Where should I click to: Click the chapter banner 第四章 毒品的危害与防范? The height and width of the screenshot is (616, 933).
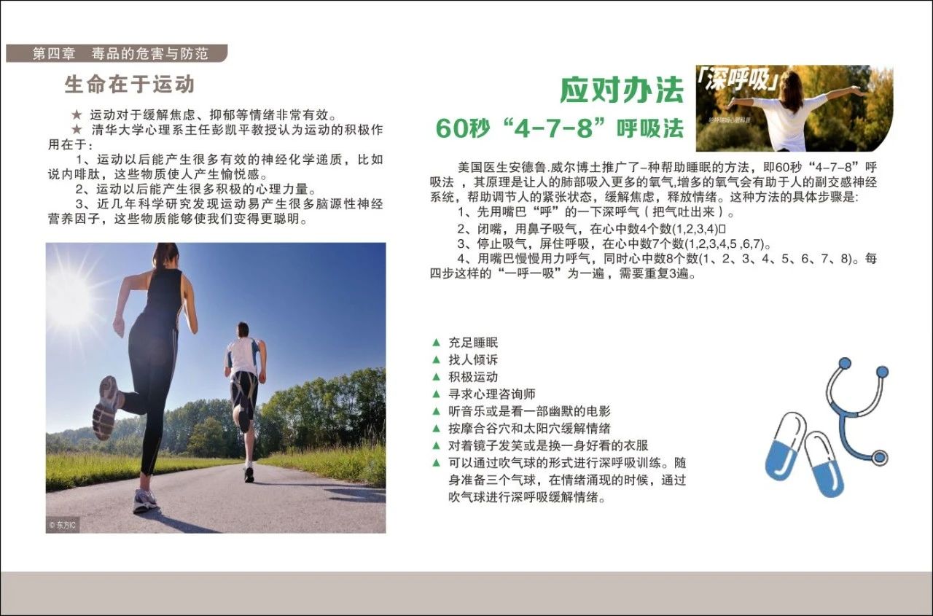coord(117,53)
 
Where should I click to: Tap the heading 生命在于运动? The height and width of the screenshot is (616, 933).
coord(130,85)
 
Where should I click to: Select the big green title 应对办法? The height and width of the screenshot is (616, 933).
coord(622,90)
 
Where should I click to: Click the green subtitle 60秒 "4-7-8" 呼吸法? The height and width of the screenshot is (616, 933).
coord(559,128)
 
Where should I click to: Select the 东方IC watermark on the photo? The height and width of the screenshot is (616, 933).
coord(63,525)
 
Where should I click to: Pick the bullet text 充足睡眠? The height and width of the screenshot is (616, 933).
coord(473,343)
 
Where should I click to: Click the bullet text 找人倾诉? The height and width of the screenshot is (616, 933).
coord(473,359)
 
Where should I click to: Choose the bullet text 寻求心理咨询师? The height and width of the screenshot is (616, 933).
coord(492,394)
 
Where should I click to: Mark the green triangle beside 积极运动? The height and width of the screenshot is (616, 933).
coord(436,376)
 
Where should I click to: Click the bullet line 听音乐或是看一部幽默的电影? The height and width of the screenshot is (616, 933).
coord(529,411)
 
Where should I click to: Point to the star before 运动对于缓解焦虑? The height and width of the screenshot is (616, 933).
coord(77,114)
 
